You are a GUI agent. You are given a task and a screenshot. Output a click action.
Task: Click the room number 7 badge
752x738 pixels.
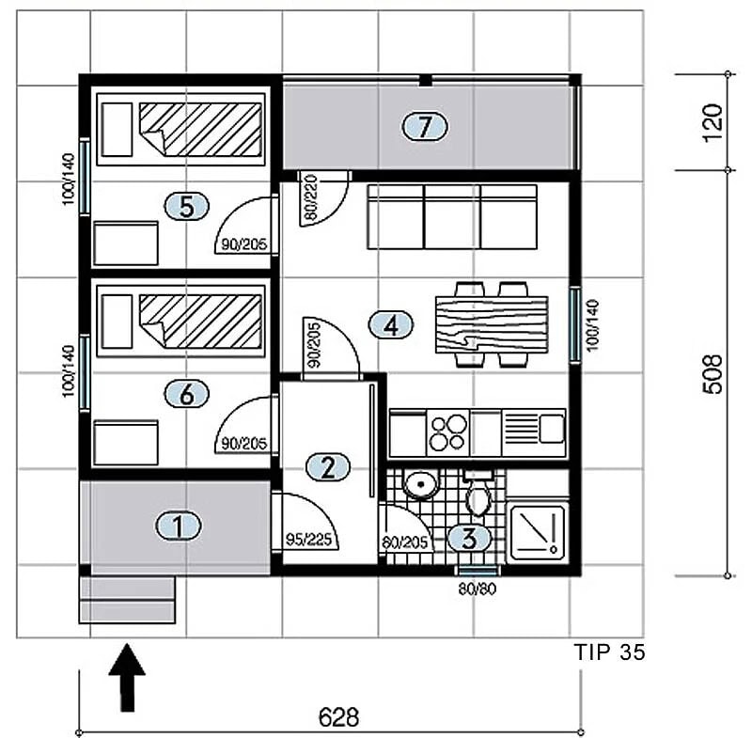(x=425, y=127)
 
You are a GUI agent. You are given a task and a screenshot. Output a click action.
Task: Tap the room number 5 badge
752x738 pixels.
(x=186, y=207)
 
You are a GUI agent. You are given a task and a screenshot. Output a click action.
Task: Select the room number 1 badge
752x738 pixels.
(x=178, y=526)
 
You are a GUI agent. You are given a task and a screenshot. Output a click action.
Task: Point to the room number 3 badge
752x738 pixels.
(x=469, y=538)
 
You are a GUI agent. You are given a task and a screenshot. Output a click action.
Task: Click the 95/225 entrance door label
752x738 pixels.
(x=308, y=540)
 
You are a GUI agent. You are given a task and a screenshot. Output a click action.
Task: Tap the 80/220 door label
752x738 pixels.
(x=311, y=197)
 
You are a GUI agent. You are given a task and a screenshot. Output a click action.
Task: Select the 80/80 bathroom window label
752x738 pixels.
(x=477, y=589)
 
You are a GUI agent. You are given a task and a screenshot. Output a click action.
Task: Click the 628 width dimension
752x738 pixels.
(x=338, y=717)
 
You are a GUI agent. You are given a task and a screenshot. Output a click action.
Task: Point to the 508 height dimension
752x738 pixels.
(x=713, y=374)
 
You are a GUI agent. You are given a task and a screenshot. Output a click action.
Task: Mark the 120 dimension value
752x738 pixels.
(x=713, y=123)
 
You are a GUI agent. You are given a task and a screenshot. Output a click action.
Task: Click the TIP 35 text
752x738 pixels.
(x=609, y=652)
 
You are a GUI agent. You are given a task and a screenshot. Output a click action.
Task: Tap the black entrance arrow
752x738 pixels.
(x=127, y=678)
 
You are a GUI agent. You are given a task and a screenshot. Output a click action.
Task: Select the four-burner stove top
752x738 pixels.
(x=447, y=433)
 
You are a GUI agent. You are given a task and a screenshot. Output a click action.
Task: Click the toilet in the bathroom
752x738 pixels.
(x=478, y=493)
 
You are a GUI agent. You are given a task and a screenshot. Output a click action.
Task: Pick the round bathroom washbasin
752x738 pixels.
(x=420, y=484)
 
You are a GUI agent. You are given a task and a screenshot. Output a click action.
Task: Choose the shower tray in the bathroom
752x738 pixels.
(x=538, y=532)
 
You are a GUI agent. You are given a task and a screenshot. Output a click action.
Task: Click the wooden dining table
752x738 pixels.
(x=492, y=324)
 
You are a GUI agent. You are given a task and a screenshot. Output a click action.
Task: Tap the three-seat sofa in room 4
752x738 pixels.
(x=452, y=217)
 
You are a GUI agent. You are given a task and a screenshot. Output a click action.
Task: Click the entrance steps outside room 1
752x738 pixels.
(x=127, y=600)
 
